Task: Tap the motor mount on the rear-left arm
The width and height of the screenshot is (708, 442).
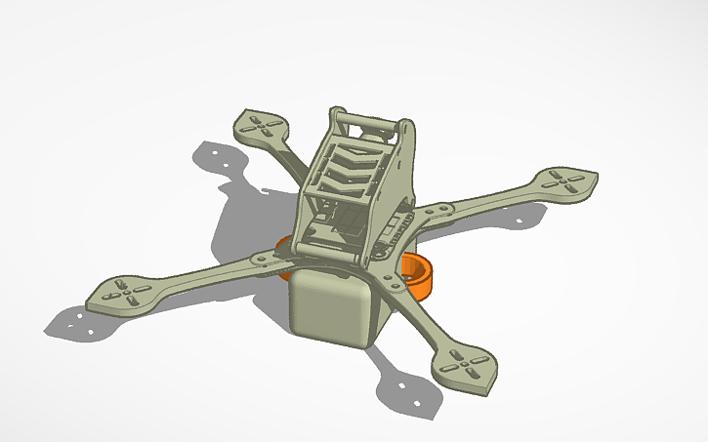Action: point(261,126)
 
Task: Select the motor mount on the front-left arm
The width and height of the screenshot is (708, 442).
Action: point(123,293)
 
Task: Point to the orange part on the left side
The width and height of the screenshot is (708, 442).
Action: point(284,245)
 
